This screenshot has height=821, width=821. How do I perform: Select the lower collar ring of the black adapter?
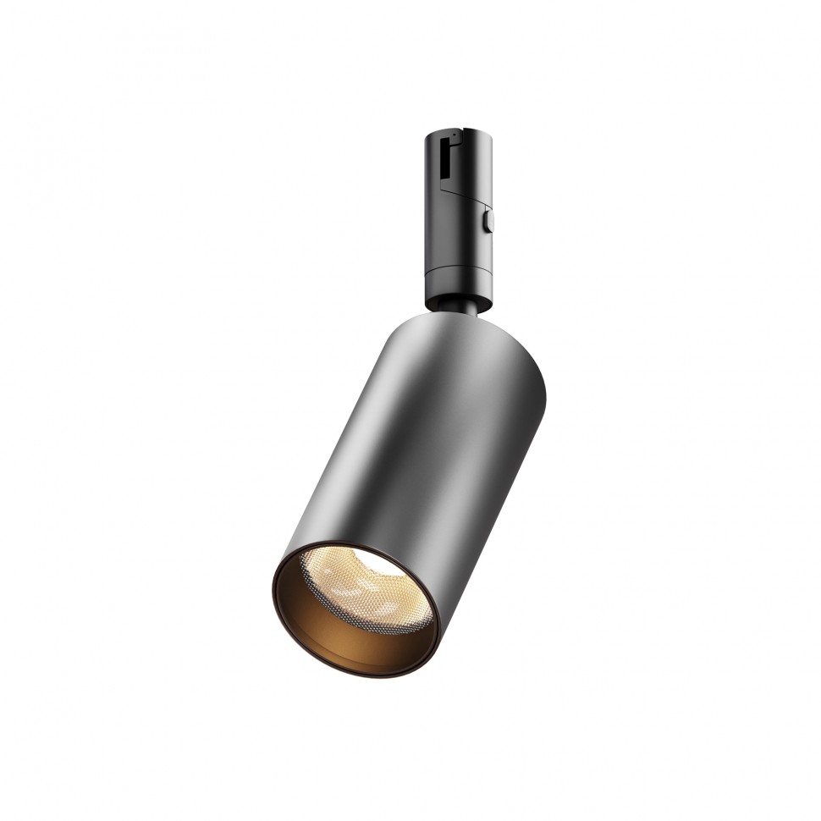[x=457, y=280]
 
